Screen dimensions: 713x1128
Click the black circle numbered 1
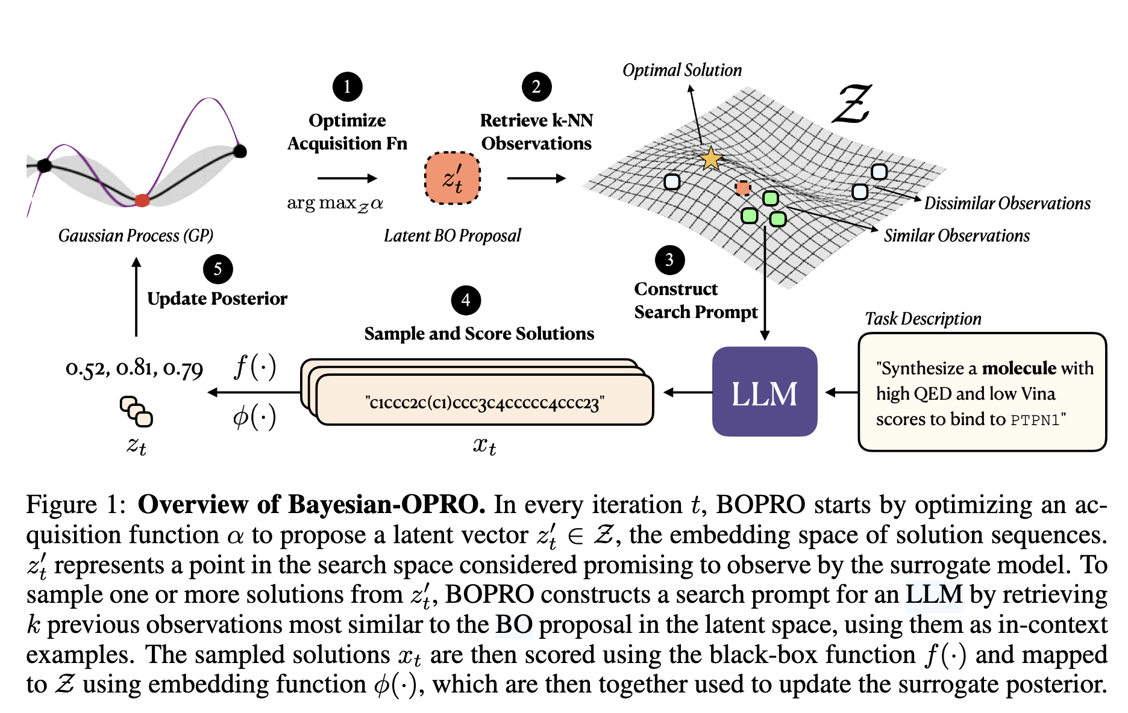pyautogui.click(x=347, y=87)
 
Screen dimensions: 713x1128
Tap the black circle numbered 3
pyautogui.click(x=669, y=260)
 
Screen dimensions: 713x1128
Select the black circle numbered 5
pyautogui.click(x=218, y=269)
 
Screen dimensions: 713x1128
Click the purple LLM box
pyautogui.click(x=764, y=391)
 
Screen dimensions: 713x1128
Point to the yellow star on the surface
pyautogui.click(x=711, y=159)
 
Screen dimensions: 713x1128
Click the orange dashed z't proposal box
pyautogui.click(x=453, y=178)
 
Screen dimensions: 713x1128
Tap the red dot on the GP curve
pyautogui.click(x=142, y=200)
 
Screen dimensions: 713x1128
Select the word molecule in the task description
pyautogui.click(x=1019, y=368)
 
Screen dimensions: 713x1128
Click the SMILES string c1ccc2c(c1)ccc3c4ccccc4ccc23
pyautogui.click(x=484, y=402)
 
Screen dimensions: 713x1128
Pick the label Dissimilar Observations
pyautogui.click(x=1007, y=204)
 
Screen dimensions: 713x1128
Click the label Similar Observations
pyautogui.click(x=956, y=235)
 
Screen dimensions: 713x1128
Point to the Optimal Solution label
pyautogui.click(x=681, y=70)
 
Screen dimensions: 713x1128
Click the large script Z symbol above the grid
pyautogui.click(x=852, y=104)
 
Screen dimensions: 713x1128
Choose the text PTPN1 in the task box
pyautogui.click(x=1034, y=420)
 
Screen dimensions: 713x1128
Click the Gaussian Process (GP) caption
pyautogui.click(x=136, y=235)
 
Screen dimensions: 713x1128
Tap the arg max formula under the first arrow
pyautogui.click(x=335, y=204)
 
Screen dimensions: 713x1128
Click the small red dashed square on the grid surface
pyautogui.click(x=743, y=188)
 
